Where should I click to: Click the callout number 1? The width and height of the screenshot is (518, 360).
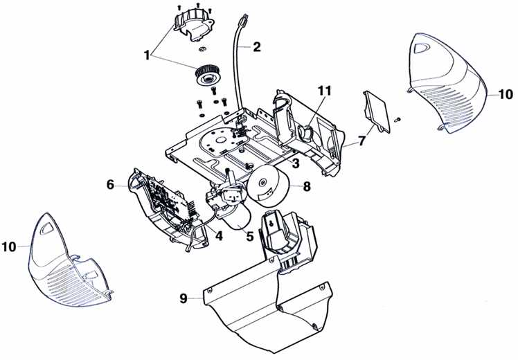pyautogui.click(x=147, y=55)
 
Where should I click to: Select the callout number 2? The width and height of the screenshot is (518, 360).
pyautogui.click(x=256, y=47)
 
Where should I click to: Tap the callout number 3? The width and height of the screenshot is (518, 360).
pyautogui.click(x=295, y=163)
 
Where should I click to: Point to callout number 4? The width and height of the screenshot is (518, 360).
pyautogui.click(x=218, y=235)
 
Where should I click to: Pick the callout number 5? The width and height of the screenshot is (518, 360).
pyautogui.click(x=250, y=236)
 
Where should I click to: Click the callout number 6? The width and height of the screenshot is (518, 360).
pyautogui.click(x=110, y=185)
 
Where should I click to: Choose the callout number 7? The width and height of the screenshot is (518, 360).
pyautogui.click(x=362, y=141)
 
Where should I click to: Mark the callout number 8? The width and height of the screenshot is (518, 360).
pyautogui.click(x=307, y=187)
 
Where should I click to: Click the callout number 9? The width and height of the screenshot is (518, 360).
pyautogui.click(x=184, y=298)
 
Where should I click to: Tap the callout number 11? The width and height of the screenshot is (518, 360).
pyautogui.click(x=324, y=91)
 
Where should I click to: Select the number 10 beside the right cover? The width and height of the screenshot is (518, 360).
pyautogui.click(x=506, y=94)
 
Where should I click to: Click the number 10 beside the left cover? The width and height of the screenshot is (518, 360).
pyautogui.click(x=9, y=246)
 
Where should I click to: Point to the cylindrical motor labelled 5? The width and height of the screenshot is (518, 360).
pyautogui.click(x=238, y=219)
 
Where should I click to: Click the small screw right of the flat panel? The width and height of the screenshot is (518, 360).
pyautogui.click(x=398, y=118)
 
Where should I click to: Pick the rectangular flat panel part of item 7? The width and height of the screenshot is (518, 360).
pyautogui.click(x=377, y=111)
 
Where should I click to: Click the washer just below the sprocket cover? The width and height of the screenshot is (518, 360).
pyautogui.click(x=203, y=49)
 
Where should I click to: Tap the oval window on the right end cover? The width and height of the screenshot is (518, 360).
pyautogui.click(x=422, y=48)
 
